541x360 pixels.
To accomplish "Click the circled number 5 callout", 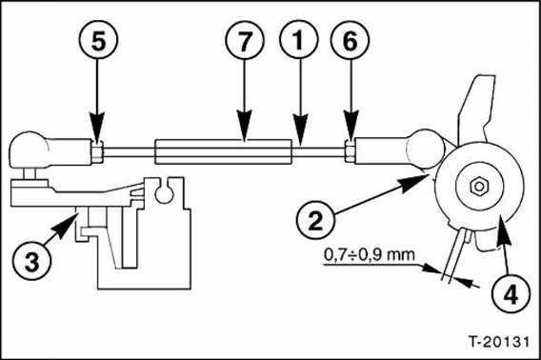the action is point(99,40).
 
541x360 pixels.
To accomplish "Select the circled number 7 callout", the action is point(245,40).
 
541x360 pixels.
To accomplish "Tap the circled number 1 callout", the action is point(299,39).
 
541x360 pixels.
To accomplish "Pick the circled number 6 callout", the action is point(350,40).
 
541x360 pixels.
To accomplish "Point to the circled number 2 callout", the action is point(315,220).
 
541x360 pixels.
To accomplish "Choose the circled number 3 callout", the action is point(32,261).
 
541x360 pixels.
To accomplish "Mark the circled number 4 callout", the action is point(511,293).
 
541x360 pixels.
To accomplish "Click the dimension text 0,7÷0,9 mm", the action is point(370,255).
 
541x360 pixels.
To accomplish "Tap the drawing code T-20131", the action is point(498,342).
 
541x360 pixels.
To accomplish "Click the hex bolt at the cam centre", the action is point(479,187).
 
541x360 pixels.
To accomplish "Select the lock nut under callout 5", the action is point(97,153).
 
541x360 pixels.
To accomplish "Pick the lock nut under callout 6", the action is point(350,153).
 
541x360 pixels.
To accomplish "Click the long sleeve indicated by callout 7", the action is point(223,151).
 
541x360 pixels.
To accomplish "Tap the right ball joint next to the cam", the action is point(426,149).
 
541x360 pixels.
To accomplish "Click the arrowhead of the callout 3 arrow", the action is point(68,225).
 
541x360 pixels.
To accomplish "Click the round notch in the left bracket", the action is point(164,193).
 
